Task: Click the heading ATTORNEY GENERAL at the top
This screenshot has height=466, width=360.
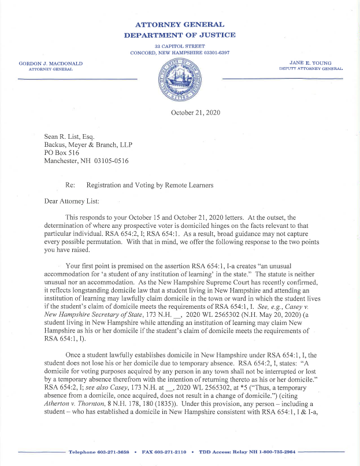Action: tap(179, 25)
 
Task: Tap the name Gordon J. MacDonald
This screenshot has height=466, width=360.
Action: tap(51, 62)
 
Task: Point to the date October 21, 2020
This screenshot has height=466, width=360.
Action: tap(195, 112)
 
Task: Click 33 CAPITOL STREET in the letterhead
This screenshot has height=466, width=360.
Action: tap(180, 45)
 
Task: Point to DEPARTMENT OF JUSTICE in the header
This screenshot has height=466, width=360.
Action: tap(179, 35)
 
